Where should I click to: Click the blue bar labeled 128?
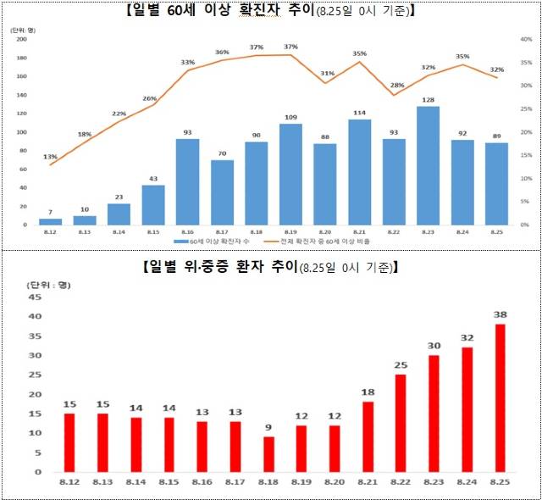pos(428,165)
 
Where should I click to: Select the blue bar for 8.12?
pos(51,221)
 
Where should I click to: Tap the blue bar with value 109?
pos(290,175)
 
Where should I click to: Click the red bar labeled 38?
pos(500,397)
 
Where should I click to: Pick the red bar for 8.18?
pos(268,454)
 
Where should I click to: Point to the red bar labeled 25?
pos(401,423)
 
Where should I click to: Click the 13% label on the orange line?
pos(51,156)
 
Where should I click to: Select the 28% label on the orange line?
pos(397,85)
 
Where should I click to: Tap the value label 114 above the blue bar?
pos(359,113)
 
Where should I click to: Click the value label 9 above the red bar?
pos(268,428)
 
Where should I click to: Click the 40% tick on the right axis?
pos(525,40)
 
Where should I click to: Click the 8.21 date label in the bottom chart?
pos(368,483)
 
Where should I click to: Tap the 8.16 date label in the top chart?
pos(187,231)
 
